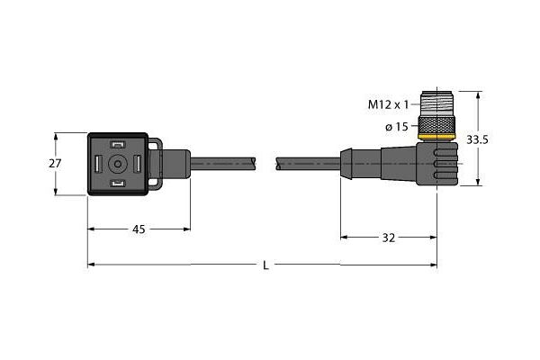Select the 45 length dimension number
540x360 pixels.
coord(139,229)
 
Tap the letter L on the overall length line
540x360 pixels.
coord(264,265)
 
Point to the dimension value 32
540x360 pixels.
coord(389,238)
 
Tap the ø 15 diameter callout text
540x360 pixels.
coord(399,127)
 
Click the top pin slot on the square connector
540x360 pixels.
coord(118,145)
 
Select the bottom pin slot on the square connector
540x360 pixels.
coord(118,184)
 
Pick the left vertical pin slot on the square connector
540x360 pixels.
coord(98,164)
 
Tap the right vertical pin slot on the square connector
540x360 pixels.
coord(138,164)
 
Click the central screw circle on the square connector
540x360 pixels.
coord(118,164)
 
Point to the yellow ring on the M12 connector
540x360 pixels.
coord(436,136)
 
